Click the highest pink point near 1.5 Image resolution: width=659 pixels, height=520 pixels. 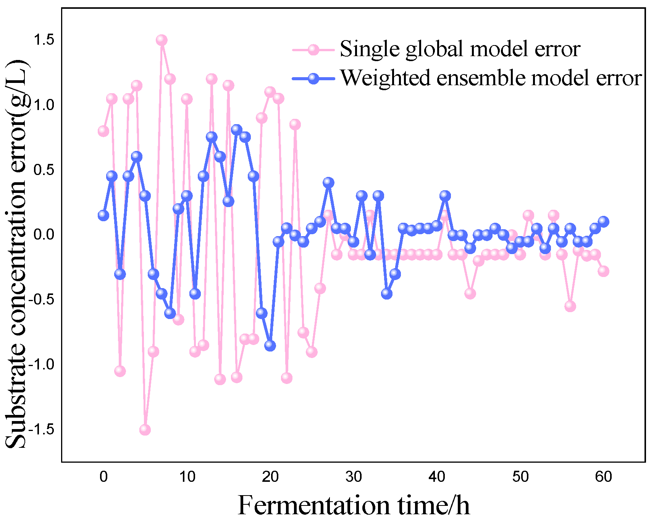(162, 40)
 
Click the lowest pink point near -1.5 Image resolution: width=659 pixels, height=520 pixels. (145, 429)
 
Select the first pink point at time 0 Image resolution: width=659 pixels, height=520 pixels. (103, 131)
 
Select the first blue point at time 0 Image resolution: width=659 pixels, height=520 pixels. (103, 215)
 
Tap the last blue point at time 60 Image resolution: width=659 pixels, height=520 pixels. (603, 222)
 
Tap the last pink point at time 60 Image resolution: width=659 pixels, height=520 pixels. (603, 271)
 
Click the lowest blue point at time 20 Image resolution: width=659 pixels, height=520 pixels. (270, 345)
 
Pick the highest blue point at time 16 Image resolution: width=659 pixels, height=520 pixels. (237, 130)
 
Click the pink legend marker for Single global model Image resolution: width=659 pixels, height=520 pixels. (313, 50)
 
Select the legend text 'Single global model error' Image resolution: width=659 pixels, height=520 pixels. (460, 49)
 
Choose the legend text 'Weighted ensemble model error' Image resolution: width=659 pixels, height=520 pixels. (490, 78)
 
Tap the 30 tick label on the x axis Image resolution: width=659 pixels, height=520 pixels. (354, 476)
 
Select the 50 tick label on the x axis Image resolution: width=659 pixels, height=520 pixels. (520, 476)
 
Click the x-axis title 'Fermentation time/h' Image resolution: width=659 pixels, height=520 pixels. (354, 505)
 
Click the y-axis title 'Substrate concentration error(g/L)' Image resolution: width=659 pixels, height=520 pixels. (16, 254)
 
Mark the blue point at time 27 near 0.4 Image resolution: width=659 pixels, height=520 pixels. (328, 183)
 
